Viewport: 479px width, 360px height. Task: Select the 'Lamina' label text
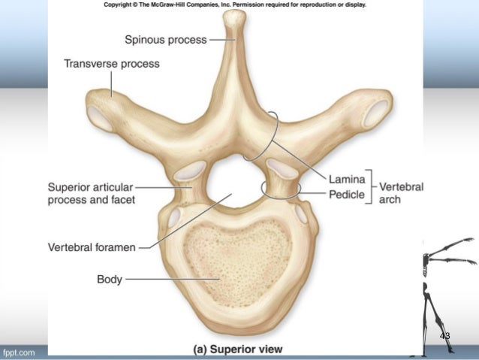click(346, 179)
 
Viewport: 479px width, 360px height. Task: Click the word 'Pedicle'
click(346, 195)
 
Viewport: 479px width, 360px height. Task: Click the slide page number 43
click(444, 335)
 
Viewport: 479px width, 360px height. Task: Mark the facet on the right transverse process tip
click(375, 114)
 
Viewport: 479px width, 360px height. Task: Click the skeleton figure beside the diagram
click(442, 286)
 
